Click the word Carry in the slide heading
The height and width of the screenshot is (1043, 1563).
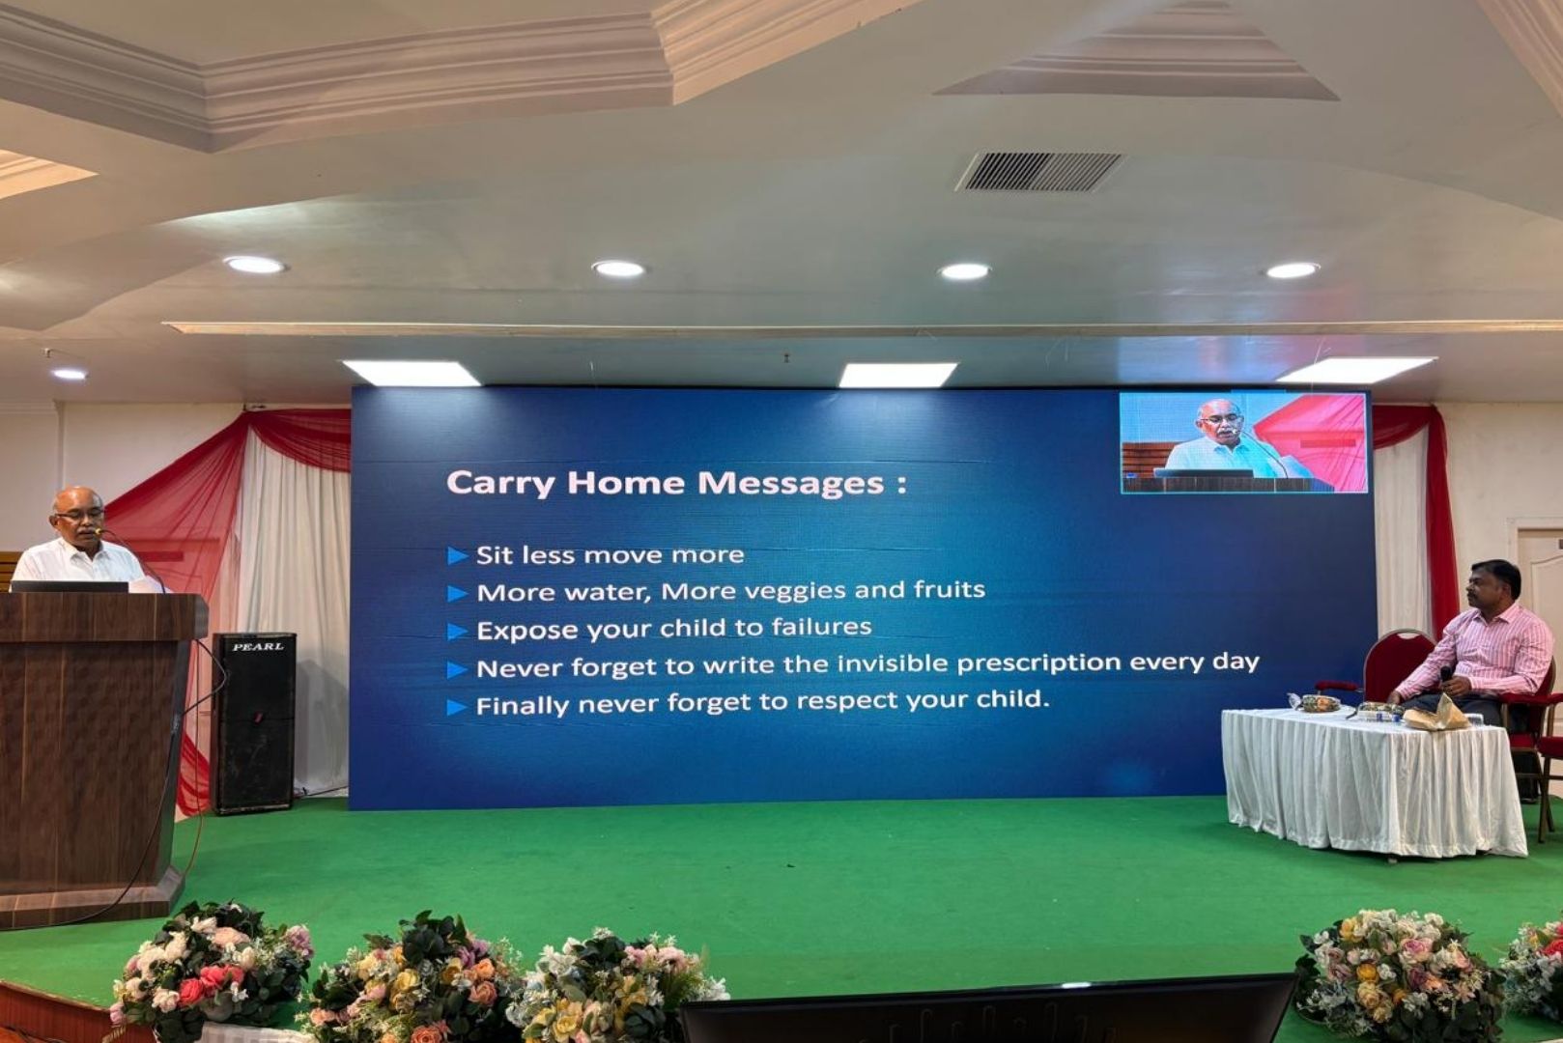click(x=500, y=484)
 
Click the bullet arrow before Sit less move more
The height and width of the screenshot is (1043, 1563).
click(x=457, y=556)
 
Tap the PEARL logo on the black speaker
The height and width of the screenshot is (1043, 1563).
click(x=258, y=647)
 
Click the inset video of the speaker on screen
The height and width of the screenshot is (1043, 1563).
click(x=1243, y=442)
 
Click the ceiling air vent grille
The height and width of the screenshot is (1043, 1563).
click(x=1039, y=172)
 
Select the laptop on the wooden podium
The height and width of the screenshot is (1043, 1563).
click(x=70, y=586)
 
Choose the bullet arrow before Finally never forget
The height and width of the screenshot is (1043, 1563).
click(x=456, y=708)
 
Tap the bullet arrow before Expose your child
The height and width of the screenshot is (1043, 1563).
click(x=457, y=632)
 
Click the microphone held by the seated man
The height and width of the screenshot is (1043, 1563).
click(x=1444, y=676)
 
